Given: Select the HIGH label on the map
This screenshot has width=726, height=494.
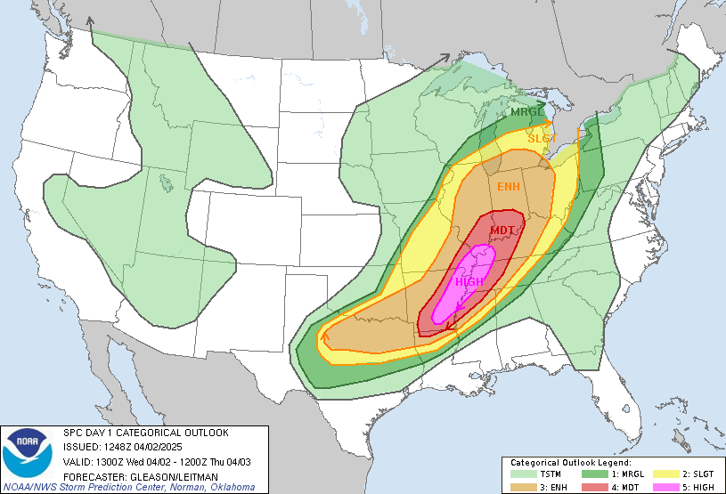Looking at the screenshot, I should [469, 282].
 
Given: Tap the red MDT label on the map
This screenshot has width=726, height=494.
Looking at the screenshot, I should [502, 231].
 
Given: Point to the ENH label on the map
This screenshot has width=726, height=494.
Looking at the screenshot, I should [509, 186].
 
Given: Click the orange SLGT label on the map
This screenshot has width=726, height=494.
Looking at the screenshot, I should [542, 139].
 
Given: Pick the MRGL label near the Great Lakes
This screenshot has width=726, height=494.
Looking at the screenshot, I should [526, 112].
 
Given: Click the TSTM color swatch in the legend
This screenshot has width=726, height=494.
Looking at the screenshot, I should [523, 474].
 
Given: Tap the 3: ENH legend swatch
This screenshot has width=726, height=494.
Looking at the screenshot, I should [523, 486].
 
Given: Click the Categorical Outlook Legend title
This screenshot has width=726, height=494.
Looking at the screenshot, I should [570, 464].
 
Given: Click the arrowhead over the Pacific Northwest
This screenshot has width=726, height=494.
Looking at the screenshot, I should [90, 20].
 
